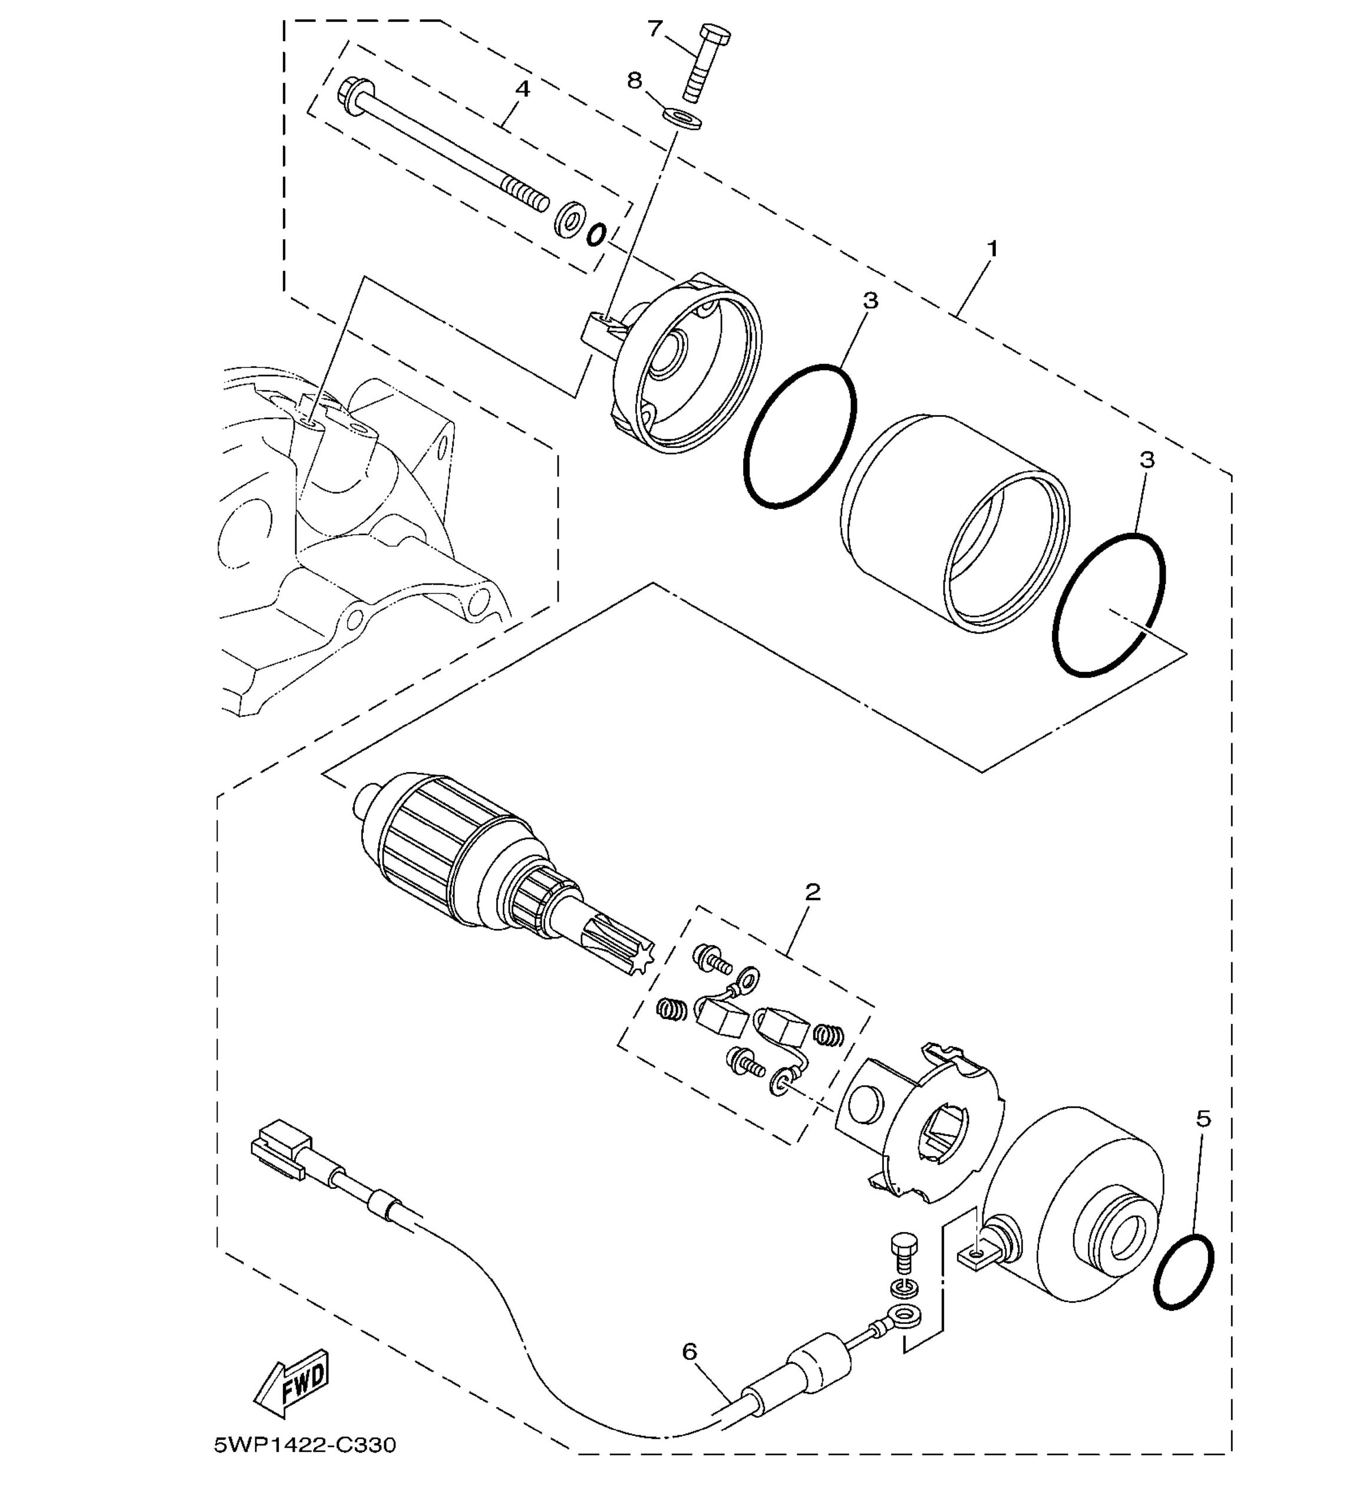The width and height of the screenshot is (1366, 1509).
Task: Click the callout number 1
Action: click(x=992, y=249)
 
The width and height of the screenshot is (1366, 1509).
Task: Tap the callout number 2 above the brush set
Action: click(x=813, y=891)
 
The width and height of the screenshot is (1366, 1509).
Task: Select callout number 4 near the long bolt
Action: click(x=523, y=89)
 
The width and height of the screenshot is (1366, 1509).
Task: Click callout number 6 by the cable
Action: click(x=689, y=1351)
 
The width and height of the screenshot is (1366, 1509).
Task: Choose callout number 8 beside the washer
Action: click(x=635, y=80)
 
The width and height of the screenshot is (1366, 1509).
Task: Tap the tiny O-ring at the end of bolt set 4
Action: click(x=596, y=234)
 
